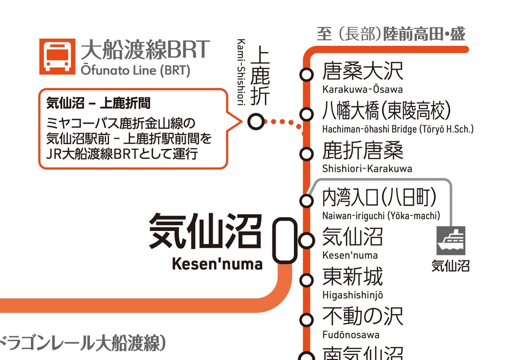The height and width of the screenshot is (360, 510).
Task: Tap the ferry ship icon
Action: pyautogui.click(x=451, y=241)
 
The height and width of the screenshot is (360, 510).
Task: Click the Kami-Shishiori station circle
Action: pyautogui.click(x=255, y=121)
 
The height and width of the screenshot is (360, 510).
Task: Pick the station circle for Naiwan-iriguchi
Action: pyautogui.click(x=306, y=201)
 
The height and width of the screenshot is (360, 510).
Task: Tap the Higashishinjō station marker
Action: pyautogui.click(x=306, y=280)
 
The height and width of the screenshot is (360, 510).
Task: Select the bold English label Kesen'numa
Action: pyautogui.click(x=217, y=263)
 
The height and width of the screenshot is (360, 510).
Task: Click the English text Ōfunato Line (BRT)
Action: pyautogui.click(x=135, y=71)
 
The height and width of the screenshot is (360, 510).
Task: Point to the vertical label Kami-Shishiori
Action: pyautogui.click(x=241, y=72)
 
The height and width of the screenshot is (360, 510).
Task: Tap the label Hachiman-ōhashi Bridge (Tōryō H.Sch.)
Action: pyautogui.click(x=397, y=129)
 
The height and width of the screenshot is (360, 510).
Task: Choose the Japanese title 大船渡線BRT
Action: pyautogui.click(x=144, y=50)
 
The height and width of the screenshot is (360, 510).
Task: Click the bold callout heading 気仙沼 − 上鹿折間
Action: pyautogui.click(x=98, y=104)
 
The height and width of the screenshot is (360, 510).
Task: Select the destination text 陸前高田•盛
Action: pyautogui.click(x=424, y=34)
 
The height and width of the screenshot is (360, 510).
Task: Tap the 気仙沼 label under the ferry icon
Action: pyautogui.click(x=450, y=266)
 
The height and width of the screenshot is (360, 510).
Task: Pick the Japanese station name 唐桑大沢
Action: pyautogui.click(x=363, y=71)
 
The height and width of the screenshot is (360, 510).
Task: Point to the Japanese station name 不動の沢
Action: pyautogui.click(x=363, y=316)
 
